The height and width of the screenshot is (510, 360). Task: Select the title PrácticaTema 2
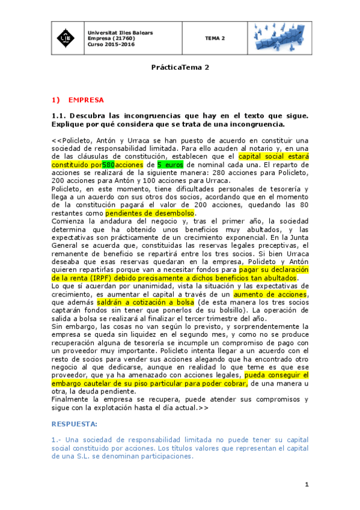(180, 68)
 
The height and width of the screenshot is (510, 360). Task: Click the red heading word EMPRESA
(86, 99)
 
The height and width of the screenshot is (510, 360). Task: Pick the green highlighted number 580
(109, 164)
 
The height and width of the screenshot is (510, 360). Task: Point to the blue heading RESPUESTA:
(75, 424)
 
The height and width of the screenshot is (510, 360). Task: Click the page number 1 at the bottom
(307, 484)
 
